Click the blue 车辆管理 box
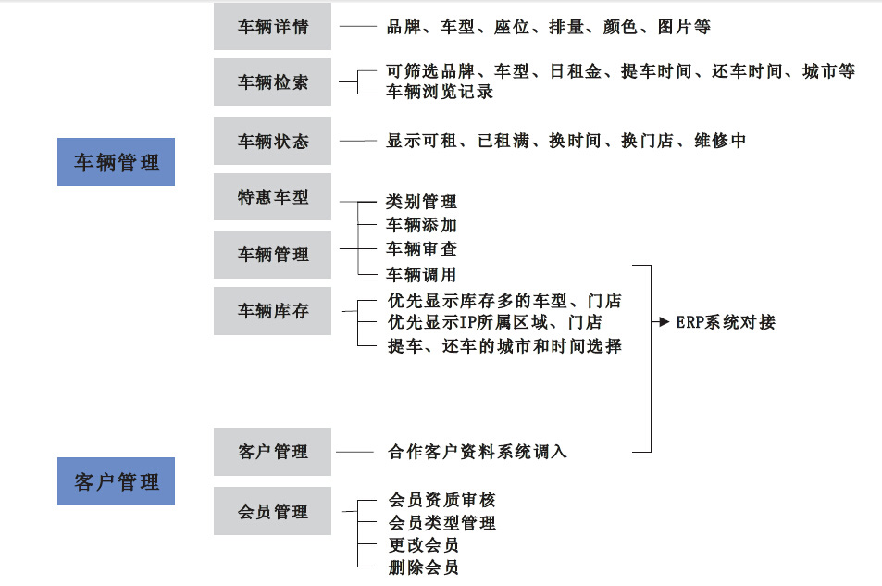pos(116,162)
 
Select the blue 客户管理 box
pos(116,481)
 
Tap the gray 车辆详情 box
pos(272,27)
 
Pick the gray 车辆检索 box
pos(272,83)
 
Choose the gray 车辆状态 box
pos(272,141)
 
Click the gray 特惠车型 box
pos(272,196)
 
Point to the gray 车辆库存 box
pos(272,311)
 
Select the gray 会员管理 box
pos(272,511)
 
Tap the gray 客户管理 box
pos(272,452)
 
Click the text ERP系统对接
pos(725,322)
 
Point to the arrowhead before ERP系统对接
pos(665,322)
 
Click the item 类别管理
pos(421,201)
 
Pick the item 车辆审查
pos(421,249)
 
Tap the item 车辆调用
pos(421,274)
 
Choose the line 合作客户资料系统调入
pos(477,452)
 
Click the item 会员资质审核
pos(441,500)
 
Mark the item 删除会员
pos(423,567)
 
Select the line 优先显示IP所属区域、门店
pos(494,322)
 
